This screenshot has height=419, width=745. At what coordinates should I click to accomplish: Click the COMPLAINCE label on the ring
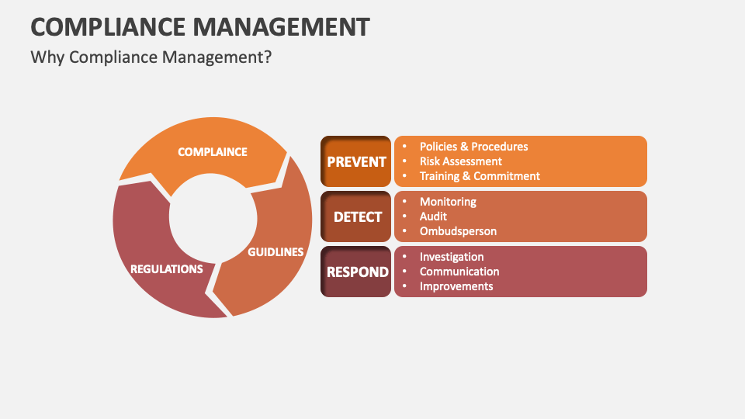pos(212,152)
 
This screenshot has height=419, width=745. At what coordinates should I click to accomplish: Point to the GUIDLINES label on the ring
pos(275,252)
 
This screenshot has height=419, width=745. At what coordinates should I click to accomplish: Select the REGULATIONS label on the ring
pos(167,269)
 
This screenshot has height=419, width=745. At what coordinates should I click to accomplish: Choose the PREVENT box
pos(356,161)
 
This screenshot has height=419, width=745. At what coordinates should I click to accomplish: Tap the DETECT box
pos(356,216)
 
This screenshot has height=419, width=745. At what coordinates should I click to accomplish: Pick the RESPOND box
pos(356,272)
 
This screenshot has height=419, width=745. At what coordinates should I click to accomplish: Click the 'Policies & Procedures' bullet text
pos(473,147)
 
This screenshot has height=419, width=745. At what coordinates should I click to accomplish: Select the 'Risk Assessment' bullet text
pos(461,161)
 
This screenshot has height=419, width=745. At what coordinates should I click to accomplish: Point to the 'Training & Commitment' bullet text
pos(480,176)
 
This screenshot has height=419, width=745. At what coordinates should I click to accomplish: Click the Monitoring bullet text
pos(448,202)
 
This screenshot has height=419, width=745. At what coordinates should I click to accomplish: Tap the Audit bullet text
pos(433,216)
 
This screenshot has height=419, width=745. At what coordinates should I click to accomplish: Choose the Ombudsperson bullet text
pos(458,231)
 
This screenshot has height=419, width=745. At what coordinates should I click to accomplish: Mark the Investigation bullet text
pos(452,257)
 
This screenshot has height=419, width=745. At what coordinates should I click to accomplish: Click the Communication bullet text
pos(459,272)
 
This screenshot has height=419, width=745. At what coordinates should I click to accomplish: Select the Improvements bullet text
pos(456,286)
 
